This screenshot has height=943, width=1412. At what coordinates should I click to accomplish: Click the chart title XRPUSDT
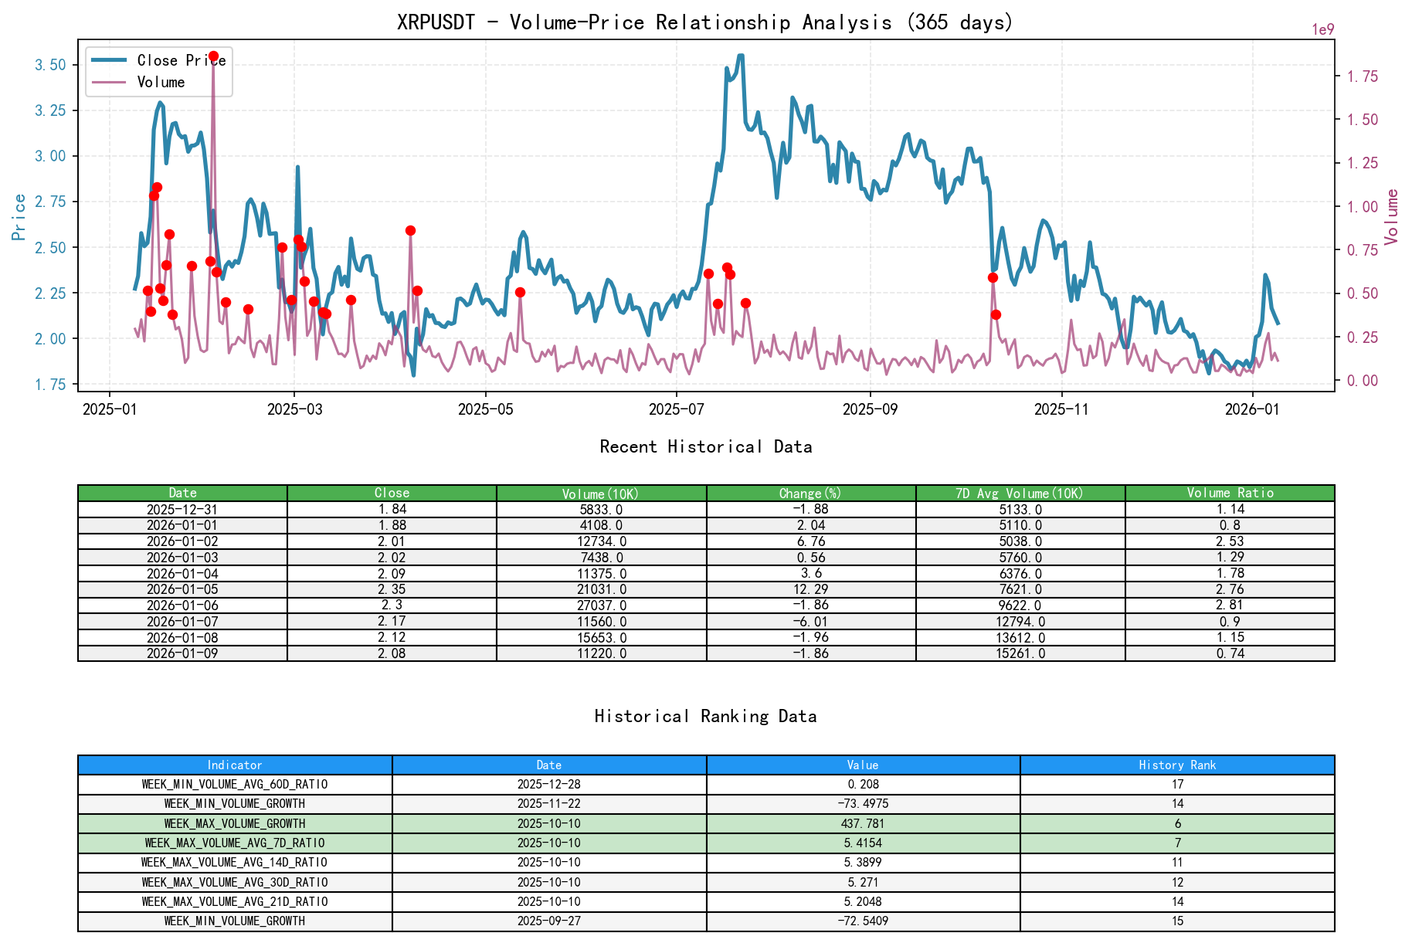pos(704,22)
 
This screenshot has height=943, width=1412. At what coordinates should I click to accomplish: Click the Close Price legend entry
pos(181,60)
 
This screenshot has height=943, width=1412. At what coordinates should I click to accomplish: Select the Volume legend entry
pos(161,82)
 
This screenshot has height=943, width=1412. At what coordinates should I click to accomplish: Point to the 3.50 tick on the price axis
pos(51,65)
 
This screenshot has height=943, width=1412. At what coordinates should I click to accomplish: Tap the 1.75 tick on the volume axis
pos(1363,76)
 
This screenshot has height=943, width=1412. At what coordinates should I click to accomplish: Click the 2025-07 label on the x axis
pos(676,409)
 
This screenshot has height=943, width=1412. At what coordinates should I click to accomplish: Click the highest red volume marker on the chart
pos(213,56)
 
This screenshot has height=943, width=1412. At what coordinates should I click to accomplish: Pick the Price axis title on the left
pos(19,217)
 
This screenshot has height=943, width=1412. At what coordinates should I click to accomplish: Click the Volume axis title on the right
pos(1392,217)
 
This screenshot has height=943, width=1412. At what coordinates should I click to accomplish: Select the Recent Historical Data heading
pos(705,446)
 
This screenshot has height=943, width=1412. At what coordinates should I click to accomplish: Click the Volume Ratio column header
pos(1230,493)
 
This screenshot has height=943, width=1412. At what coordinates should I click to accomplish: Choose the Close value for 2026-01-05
pos(392,589)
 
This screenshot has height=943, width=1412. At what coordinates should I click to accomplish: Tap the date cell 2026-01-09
pos(182,653)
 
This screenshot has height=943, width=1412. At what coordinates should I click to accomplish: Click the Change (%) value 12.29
pos(810,589)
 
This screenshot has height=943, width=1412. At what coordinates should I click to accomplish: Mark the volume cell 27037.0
pos(601,605)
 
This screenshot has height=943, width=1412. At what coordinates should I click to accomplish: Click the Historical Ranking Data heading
pos(705,716)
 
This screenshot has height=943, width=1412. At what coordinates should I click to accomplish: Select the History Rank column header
pos(1176,765)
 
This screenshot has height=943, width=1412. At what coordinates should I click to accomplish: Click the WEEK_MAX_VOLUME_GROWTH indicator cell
pos(235,823)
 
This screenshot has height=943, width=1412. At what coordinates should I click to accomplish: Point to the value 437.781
pos(863,823)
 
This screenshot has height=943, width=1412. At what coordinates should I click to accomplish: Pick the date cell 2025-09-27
pos(548,921)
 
